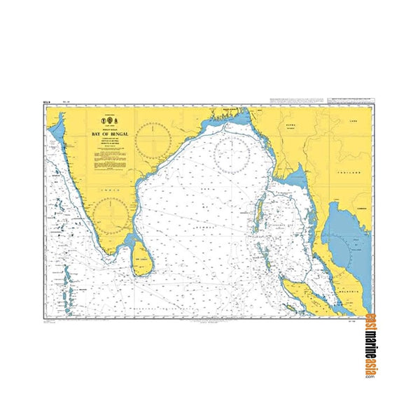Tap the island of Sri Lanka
pyautogui.click(x=142, y=256)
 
